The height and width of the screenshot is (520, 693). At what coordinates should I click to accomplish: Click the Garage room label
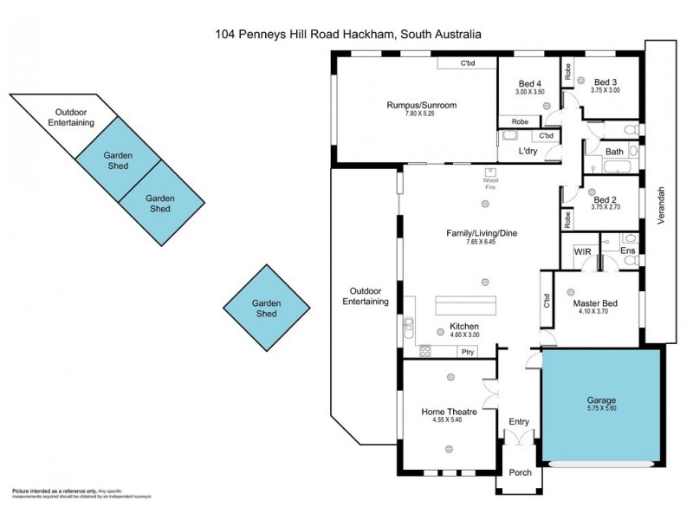[x=600, y=400]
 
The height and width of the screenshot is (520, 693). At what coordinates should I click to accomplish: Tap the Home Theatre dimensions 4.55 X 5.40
[x=449, y=420]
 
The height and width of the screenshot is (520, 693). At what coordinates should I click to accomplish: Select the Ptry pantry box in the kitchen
[x=467, y=351]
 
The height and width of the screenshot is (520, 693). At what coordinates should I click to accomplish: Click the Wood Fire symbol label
[x=491, y=184]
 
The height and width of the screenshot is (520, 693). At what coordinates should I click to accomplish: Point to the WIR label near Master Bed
[x=582, y=251]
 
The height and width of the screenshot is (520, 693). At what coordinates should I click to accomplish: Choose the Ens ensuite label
[x=629, y=251]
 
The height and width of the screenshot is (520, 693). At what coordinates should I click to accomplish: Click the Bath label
[x=614, y=152]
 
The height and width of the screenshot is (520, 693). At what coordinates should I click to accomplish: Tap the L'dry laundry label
[x=528, y=152]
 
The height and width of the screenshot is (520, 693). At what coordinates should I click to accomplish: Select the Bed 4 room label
[x=529, y=83]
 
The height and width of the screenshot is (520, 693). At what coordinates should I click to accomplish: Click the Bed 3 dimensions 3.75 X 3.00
[x=604, y=91]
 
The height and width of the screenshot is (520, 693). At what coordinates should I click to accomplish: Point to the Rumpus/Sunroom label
[x=421, y=106]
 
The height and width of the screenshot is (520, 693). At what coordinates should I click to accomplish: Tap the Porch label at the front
[x=520, y=473]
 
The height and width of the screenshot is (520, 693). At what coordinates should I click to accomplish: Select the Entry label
[x=519, y=422]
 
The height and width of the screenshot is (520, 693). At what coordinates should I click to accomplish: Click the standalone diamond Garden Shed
[x=265, y=309]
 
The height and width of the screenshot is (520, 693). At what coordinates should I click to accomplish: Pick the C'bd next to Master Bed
[x=547, y=300]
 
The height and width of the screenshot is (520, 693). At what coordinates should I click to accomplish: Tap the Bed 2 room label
[x=604, y=199]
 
